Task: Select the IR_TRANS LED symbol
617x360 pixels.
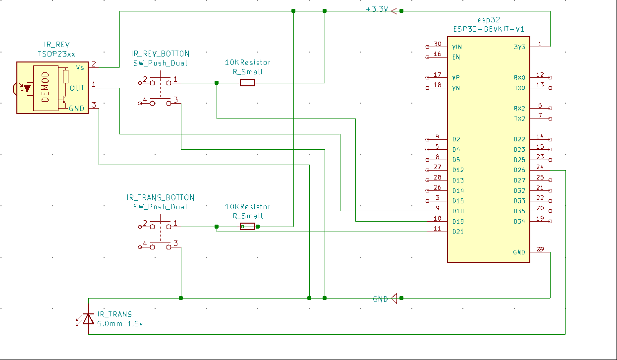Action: [x=88, y=318]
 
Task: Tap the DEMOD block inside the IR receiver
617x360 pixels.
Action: [x=45, y=87]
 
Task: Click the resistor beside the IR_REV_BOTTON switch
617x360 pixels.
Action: [x=248, y=83]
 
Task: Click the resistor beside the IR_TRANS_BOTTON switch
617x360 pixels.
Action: [x=248, y=227]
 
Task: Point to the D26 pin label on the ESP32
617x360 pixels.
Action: [x=519, y=170]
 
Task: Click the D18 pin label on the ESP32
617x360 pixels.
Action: [x=458, y=211]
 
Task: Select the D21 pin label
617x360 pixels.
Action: [x=458, y=232]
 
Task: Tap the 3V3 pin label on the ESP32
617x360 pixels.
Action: [x=520, y=47]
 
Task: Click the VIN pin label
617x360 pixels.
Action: [x=457, y=47]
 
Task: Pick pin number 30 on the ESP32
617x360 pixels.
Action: [x=437, y=44]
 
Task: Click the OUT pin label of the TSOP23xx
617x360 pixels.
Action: [x=77, y=88]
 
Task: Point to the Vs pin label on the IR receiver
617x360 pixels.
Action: [x=80, y=67]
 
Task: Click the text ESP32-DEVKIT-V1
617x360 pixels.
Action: [x=488, y=29]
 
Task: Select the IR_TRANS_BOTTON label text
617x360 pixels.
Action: [x=161, y=197]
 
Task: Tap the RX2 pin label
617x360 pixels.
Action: [x=519, y=109]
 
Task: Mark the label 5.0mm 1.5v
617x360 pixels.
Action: [x=120, y=324]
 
